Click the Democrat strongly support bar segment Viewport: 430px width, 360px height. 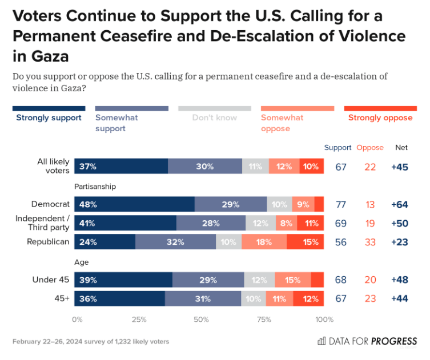134,204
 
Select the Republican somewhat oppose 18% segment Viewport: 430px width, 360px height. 264,242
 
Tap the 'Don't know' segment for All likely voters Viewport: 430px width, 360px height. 255,166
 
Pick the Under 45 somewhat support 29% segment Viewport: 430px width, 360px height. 208,280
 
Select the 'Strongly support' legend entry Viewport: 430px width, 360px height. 49,118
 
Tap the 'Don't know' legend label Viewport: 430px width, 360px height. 214,118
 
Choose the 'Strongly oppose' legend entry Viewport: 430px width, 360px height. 380,118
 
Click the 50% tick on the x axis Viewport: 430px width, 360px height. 201,319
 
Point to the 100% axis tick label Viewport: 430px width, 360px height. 324,319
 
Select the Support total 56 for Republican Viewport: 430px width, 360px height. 341,242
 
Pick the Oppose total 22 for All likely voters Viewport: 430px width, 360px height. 371,167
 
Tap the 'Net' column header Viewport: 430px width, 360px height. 401,148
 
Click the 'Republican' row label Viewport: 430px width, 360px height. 48,242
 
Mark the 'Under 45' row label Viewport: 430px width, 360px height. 51,280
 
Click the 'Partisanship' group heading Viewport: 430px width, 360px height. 95,187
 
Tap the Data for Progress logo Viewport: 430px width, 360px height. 368,341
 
